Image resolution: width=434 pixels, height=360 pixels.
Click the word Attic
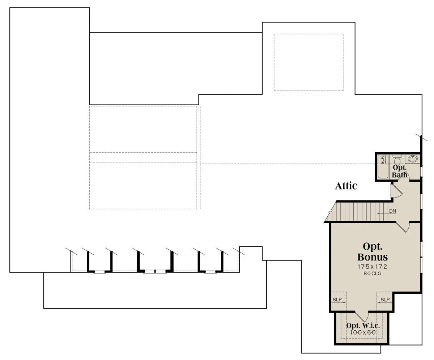[346, 186]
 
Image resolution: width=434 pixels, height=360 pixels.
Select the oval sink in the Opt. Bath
[413, 159]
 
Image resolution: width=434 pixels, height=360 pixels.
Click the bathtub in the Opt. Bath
[383, 166]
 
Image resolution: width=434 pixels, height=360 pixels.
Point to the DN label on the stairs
[393, 211]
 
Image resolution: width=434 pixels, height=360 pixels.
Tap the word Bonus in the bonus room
[373, 257]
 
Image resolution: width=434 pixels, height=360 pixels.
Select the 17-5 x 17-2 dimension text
[372, 266]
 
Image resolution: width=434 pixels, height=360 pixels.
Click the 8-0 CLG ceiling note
[372, 274]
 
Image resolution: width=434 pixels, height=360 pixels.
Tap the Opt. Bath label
[400, 171]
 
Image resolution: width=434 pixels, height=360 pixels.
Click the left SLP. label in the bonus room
[337, 300]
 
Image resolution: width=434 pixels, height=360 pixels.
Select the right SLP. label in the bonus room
[386, 300]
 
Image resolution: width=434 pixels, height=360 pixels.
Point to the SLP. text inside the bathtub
[382, 160]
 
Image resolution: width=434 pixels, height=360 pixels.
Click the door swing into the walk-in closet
[362, 317]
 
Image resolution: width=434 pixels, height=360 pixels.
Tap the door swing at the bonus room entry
[403, 227]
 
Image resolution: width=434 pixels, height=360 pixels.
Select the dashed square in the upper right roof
[309, 62]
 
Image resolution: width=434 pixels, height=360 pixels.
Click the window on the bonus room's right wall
[422, 257]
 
